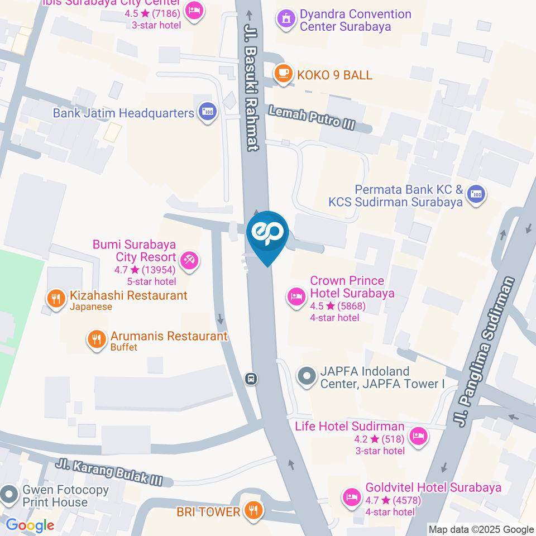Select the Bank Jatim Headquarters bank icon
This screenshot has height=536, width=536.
208,112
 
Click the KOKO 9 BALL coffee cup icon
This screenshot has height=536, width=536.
284,74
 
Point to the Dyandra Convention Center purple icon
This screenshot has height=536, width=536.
286,20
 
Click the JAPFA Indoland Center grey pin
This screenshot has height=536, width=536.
307,376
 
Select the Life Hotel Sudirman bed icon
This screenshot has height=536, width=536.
418,437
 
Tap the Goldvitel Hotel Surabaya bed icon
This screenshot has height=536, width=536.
351,497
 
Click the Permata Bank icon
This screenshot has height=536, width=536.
476,194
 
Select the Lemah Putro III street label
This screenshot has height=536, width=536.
312,118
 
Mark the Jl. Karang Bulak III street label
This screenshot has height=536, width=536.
109,471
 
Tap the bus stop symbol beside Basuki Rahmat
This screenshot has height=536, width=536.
251,379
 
